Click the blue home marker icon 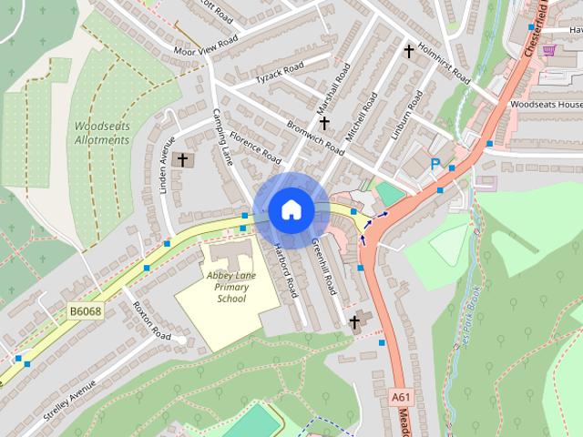pos(291,209)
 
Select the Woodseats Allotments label pos(103,133)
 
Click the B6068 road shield pos(86,310)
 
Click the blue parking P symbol pos(435,165)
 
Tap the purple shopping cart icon pos(549,50)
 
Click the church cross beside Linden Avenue pos(182,160)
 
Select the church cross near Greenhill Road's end pos(354,321)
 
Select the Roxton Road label pos(151,320)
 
